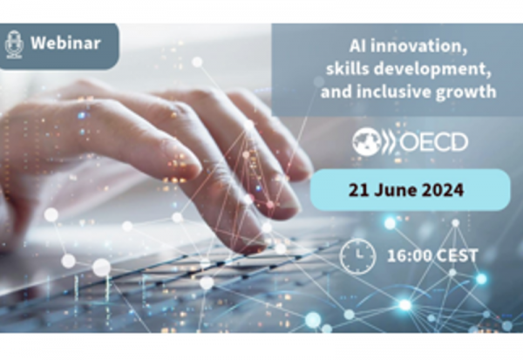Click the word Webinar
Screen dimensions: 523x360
tap(65, 43)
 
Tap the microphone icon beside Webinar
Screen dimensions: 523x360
tap(14, 44)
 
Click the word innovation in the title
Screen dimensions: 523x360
tap(418, 46)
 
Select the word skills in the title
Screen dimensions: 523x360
tap(347, 69)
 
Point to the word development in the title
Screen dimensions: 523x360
tap(432, 70)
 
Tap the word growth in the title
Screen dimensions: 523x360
tap(466, 92)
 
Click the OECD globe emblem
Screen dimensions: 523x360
tap(367, 142)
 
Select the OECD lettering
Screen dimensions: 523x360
tap(433, 142)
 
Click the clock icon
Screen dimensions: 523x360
tap(357, 255)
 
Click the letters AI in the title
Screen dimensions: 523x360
tap(357, 46)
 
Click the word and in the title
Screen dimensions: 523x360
tap(336, 92)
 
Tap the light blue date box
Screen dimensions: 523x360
tap(410, 190)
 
